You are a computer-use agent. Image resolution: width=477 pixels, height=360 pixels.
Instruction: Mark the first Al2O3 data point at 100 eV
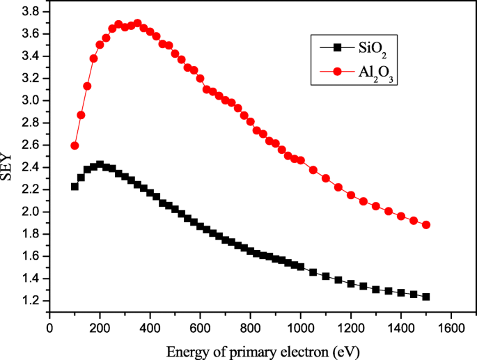[75, 146]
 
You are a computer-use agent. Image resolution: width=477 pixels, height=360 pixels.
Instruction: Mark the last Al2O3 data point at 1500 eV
[426, 225]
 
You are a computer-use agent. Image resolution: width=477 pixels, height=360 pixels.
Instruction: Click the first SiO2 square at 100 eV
[75, 187]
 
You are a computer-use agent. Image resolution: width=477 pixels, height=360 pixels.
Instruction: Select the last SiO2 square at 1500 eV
[426, 297]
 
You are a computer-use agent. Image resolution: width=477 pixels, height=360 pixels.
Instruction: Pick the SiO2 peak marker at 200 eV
[100, 165]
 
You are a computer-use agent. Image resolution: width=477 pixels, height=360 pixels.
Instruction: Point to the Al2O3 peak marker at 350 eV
[137, 24]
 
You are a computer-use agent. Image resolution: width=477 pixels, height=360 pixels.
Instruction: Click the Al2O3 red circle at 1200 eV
[351, 195]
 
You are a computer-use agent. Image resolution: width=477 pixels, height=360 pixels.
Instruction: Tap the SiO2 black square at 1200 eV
[351, 284]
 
